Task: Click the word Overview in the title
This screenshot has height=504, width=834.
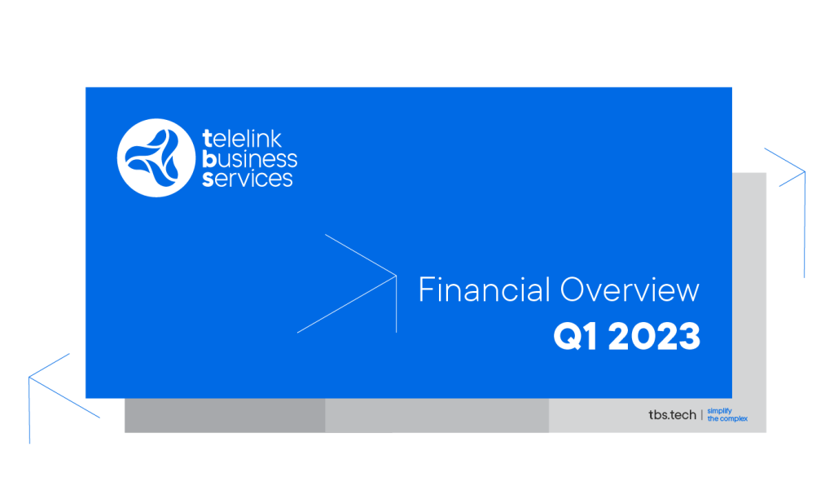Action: pyautogui.click(x=630, y=290)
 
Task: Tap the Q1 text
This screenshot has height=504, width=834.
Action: pyautogui.click(x=575, y=337)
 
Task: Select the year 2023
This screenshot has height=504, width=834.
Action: pyautogui.click(x=654, y=337)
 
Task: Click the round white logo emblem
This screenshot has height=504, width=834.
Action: pyautogui.click(x=156, y=157)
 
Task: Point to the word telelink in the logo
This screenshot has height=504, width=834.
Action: pyautogui.click(x=242, y=139)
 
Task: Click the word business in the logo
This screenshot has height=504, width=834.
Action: pyautogui.click(x=249, y=159)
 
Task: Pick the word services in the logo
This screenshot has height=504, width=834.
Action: pyautogui.click(x=248, y=179)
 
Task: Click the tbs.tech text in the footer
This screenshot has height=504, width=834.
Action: pyautogui.click(x=672, y=414)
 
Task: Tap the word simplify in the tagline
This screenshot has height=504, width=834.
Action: pyautogui.click(x=719, y=411)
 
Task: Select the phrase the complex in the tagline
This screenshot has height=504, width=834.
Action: pyautogui.click(x=727, y=418)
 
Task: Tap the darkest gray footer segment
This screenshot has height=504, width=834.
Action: pyautogui.click(x=225, y=416)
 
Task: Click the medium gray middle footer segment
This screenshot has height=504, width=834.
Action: pyautogui.click(x=437, y=416)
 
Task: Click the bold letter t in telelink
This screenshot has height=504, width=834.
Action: pyautogui.click(x=208, y=139)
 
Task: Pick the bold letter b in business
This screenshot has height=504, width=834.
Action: pyautogui.click(x=208, y=158)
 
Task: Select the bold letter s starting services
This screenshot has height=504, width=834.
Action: pyautogui.click(x=208, y=179)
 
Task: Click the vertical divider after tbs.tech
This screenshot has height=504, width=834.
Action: pyautogui.click(x=701, y=414)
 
